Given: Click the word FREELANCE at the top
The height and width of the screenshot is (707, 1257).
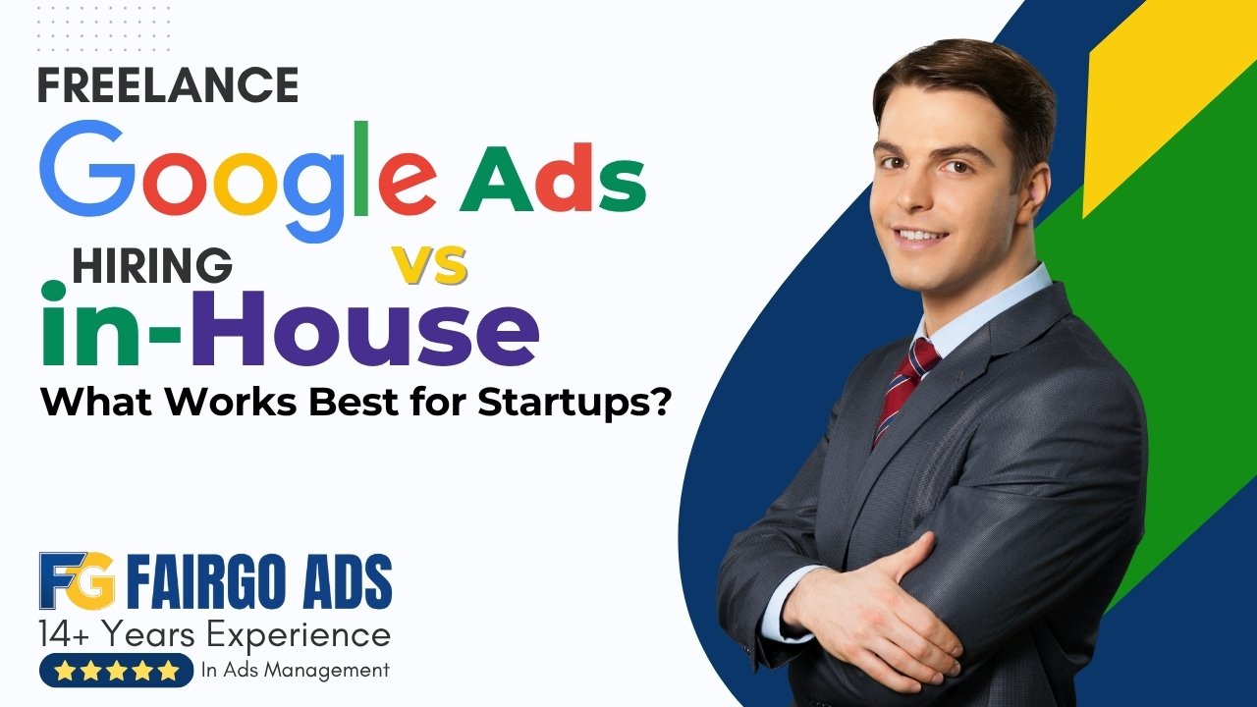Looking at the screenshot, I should coord(168,86).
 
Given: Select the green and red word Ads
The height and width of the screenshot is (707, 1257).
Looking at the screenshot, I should coord(553,183).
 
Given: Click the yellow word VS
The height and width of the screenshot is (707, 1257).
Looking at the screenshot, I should coord(429,265).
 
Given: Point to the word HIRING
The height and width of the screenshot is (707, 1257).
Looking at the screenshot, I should coord(152,265).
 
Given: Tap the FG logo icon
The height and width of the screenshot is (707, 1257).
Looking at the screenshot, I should coord(77,580).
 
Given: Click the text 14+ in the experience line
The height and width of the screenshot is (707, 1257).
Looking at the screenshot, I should coord(64,635).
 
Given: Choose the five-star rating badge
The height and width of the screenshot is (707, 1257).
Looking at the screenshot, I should coord(116,671).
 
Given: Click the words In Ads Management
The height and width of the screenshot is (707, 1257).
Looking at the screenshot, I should coord(295,671).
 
